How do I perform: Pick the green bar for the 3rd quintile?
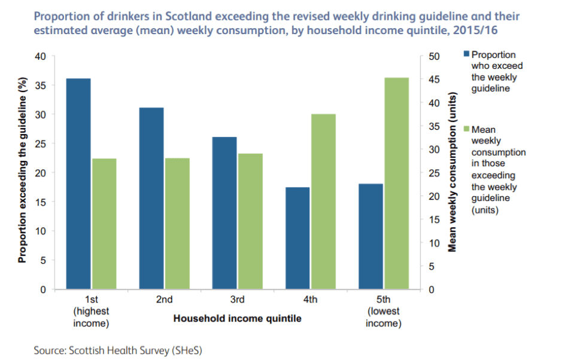pyautogui.click(x=250, y=221)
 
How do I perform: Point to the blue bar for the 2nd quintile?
pyautogui.click(x=151, y=198)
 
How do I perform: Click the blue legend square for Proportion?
pyautogui.click(x=466, y=54)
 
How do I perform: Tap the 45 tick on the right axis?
pyautogui.click(x=435, y=80)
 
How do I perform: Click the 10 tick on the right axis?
pyautogui.click(x=435, y=243)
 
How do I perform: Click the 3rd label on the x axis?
pyautogui.click(x=237, y=300)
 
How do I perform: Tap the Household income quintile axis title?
pyautogui.click(x=237, y=319)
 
